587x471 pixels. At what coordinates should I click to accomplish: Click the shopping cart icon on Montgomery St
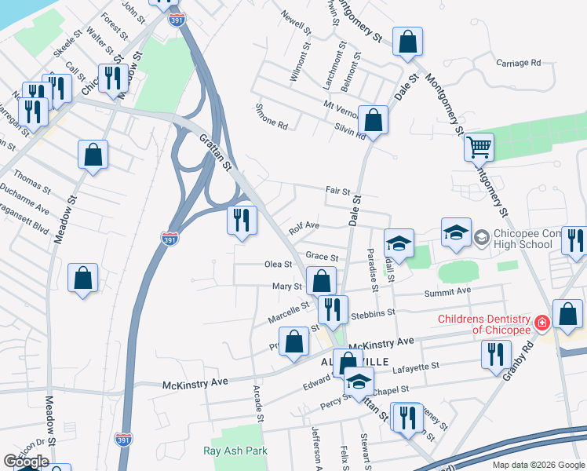pyautogui.click(x=479, y=145)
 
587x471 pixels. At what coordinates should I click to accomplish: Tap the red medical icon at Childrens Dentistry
pyautogui.click(x=541, y=323)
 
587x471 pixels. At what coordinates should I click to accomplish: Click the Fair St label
pyautogui.click(x=337, y=190)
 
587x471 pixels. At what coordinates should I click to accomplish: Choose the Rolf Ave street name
pyautogui.click(x=304, y=227)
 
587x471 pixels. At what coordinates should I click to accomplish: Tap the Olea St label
pyautogui.click(x=278, y=265)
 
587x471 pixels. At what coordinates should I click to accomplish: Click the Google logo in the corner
pyautogui.click(x=25, y=462)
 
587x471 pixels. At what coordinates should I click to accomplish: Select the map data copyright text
pyautogui.click(x=538, y=464)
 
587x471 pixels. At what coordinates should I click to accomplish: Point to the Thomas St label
pyautogui.click(x=31, y=184)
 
